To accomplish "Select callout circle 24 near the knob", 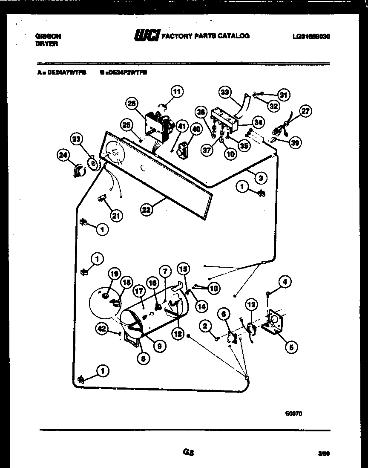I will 63,156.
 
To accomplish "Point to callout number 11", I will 177,91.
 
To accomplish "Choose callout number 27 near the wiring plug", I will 305,111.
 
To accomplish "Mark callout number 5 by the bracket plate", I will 291,347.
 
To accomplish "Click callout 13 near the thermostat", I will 252,304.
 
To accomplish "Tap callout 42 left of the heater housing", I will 101,329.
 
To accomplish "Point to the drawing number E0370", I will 294,413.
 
